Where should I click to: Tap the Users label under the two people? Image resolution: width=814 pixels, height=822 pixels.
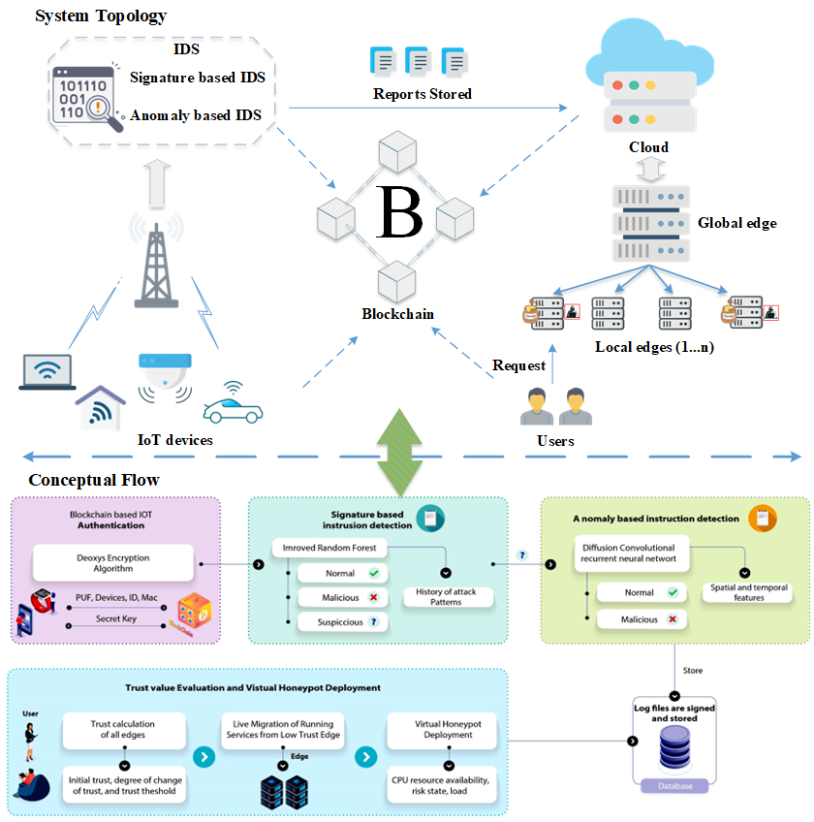click(x=555, y=441)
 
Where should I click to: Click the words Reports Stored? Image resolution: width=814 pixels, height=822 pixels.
click(x=423, y=94)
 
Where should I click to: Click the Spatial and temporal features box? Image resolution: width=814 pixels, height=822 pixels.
click(x=749, y=592)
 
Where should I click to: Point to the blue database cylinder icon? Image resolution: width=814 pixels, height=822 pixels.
click(x=674, y=752)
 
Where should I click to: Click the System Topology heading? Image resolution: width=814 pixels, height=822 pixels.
click(x=101, y=16)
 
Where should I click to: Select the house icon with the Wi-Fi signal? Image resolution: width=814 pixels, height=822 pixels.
click(x=101, y=407)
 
